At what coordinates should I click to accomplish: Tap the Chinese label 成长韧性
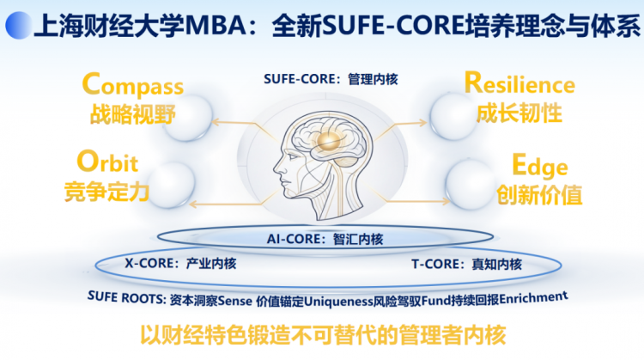pyautogui.click(x=519, y=113)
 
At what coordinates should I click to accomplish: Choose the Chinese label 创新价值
pyautogui.click(x=539, y=194)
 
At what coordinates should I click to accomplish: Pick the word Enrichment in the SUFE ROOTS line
pyautogui.click(x=533, y=296)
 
